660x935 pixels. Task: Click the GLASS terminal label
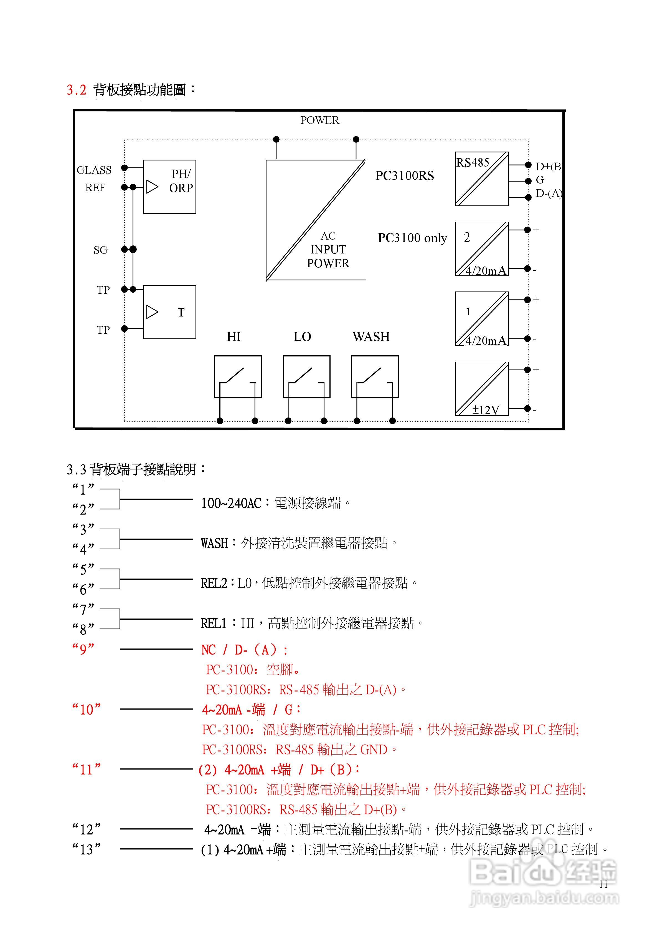click(x=94, y=170)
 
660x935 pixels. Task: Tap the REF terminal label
click(x=95, y=188)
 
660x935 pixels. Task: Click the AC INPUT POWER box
click(x=316, y=220)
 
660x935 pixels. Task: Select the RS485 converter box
click(x=482, y=179)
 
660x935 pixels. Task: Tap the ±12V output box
click(x=482, y=389)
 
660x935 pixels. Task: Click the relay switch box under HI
click(x=238, y=377)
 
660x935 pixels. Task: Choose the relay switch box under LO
click(x=306, y=377)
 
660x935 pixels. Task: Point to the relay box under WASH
click(x=375, y=377)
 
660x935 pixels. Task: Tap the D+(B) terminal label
click(x=549, y=166)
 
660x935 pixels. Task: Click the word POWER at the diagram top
click(x=319, y=120)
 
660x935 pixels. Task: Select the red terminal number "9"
click(x=83, y=649)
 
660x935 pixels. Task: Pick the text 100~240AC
click(x=231, y=503)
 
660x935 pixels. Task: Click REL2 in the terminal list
click(x=214, y=583)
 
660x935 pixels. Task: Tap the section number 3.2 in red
click(x=77, y=90)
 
